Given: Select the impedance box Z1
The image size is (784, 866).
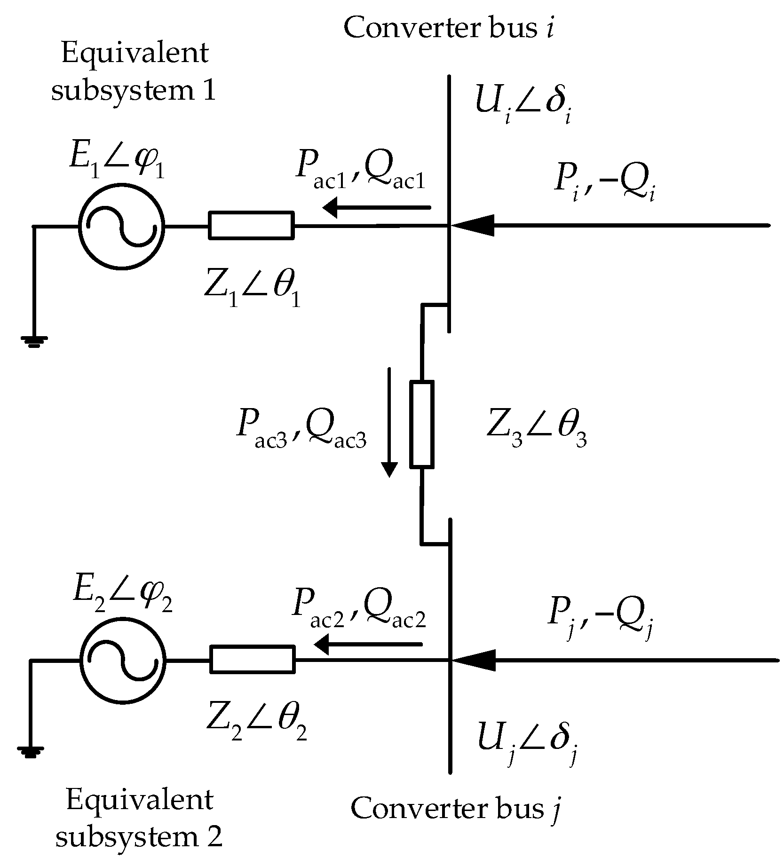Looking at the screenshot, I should [x=252, y=226].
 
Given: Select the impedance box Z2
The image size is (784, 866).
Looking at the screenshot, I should [x=253, y=660].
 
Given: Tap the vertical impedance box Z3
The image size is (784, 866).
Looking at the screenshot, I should [x=421, y=425].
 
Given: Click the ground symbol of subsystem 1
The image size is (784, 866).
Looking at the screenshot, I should [x=33, y=340].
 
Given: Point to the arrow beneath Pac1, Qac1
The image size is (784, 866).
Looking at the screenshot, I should [x=376, y=207].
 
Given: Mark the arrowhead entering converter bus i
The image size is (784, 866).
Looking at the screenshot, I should [x=473, y=225].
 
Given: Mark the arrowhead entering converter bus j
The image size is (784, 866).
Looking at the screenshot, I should [x=473, y=660].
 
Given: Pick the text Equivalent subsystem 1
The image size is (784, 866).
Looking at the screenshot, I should [x=134, y=71].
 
